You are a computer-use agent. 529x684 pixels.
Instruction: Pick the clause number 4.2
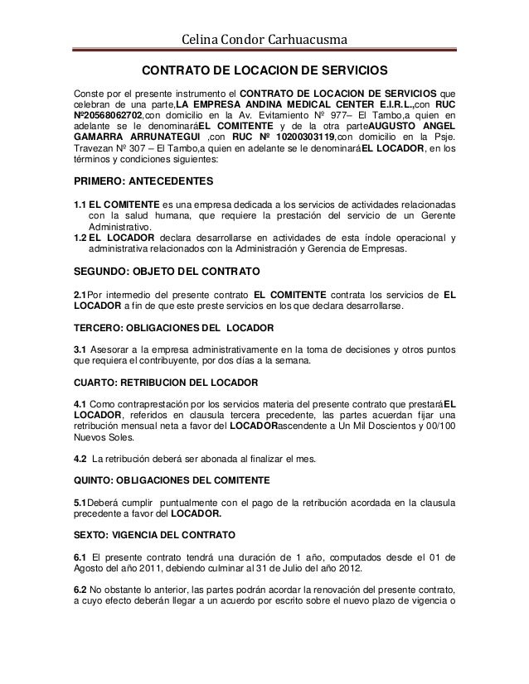[81, 458]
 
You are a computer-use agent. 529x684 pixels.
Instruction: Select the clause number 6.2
[81, 590]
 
